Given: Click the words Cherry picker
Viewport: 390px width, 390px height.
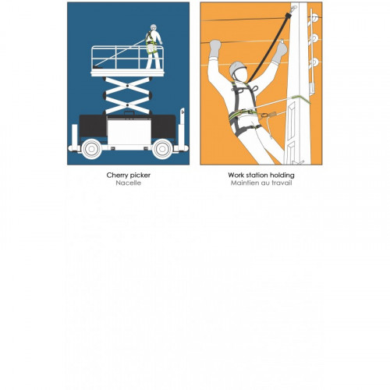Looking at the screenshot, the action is pyautogui.click(x=129, y=175).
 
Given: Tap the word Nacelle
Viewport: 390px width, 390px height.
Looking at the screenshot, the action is pyautogui.click(x=129, y=183).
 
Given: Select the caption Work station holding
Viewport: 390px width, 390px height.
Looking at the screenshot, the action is pyautogui.click(x=261, y=175).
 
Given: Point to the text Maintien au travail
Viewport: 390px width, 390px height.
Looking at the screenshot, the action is pyautogui.click(x=261, y=183).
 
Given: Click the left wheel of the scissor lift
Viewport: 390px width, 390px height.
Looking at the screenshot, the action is pyautogui.click(x=91, y=149).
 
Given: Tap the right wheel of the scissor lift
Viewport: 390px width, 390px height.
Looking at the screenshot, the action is pyautogui.click(x=162, y=149).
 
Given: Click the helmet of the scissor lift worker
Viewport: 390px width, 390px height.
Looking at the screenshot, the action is pyautogui.click(x=154, y=27).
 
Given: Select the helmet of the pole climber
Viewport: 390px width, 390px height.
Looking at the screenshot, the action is pyautogui.click(x=237, y=67).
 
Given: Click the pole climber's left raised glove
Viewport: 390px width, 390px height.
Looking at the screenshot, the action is pyautogui.click(x=215, y=48).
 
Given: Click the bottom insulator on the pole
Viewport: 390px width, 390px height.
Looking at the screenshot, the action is pyautogui.click(x=314, y=62).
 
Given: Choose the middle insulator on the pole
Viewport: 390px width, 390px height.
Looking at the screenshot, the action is pyautogui.click(x=314, y=38).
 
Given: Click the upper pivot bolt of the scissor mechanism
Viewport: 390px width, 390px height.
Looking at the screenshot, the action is pyautogui.click(x=127, y=85).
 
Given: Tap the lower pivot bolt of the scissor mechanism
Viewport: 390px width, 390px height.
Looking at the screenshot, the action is pyautogui.click(x=127, y=105).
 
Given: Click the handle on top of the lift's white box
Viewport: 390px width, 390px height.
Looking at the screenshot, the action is pyautogui.click(x=129, y=113).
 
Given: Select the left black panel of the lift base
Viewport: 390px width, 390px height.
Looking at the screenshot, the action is pyautogui.click(x=93, y=126).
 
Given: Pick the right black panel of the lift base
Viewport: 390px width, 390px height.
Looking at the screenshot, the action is pyautogui.click(x=164, y=126).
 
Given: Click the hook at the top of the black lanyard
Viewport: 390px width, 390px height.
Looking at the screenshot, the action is pyautogui.click(x=293, y=9).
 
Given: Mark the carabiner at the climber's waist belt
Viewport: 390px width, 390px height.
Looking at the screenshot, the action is pyautogui.click(x=264, y=115).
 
